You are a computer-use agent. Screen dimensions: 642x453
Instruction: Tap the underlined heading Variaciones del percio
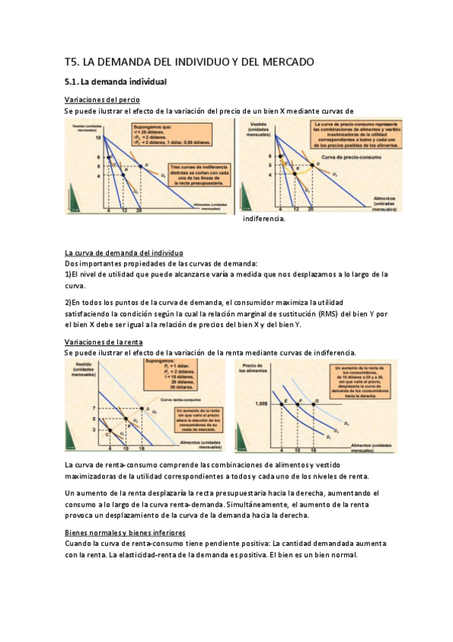(x=101, y=100)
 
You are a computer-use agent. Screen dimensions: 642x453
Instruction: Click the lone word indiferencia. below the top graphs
(x=264, y=219)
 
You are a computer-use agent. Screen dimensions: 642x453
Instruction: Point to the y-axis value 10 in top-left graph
(x=98, y=139)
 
